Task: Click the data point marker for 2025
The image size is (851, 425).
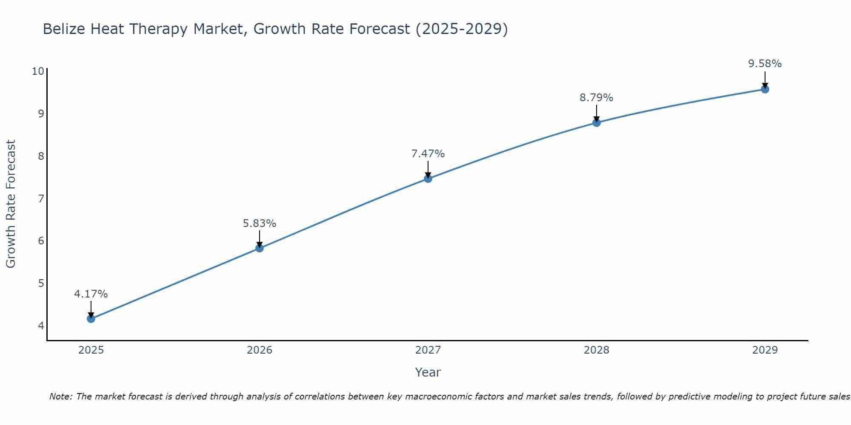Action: [91, 319]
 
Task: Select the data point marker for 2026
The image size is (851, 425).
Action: [260, 248]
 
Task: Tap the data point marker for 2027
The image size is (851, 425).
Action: [428, 179]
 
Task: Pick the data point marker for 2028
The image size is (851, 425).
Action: [597, 123]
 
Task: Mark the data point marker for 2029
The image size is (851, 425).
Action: [765, 89]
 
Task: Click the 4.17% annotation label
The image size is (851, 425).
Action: [91, 294]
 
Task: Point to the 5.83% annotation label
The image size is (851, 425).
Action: [260, 224]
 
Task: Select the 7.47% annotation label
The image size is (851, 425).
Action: [428, 154]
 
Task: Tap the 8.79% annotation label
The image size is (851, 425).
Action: [597, 98]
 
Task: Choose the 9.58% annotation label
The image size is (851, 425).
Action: [765, 64]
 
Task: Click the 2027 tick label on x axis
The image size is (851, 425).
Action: [428, 350]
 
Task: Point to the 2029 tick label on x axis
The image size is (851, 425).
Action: [765, 350]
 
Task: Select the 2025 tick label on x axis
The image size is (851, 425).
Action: [91, 350]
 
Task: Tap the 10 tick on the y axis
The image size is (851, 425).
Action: [38, 71]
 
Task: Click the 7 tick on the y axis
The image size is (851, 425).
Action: [41, 198]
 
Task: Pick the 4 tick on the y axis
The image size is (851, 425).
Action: [41, 326]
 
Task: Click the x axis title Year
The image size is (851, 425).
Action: [428, 372]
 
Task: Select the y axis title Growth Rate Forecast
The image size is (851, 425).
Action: [11, 204]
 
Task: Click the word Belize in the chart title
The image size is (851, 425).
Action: [64, 29]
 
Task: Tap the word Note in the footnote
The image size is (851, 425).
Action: [60, 397]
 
